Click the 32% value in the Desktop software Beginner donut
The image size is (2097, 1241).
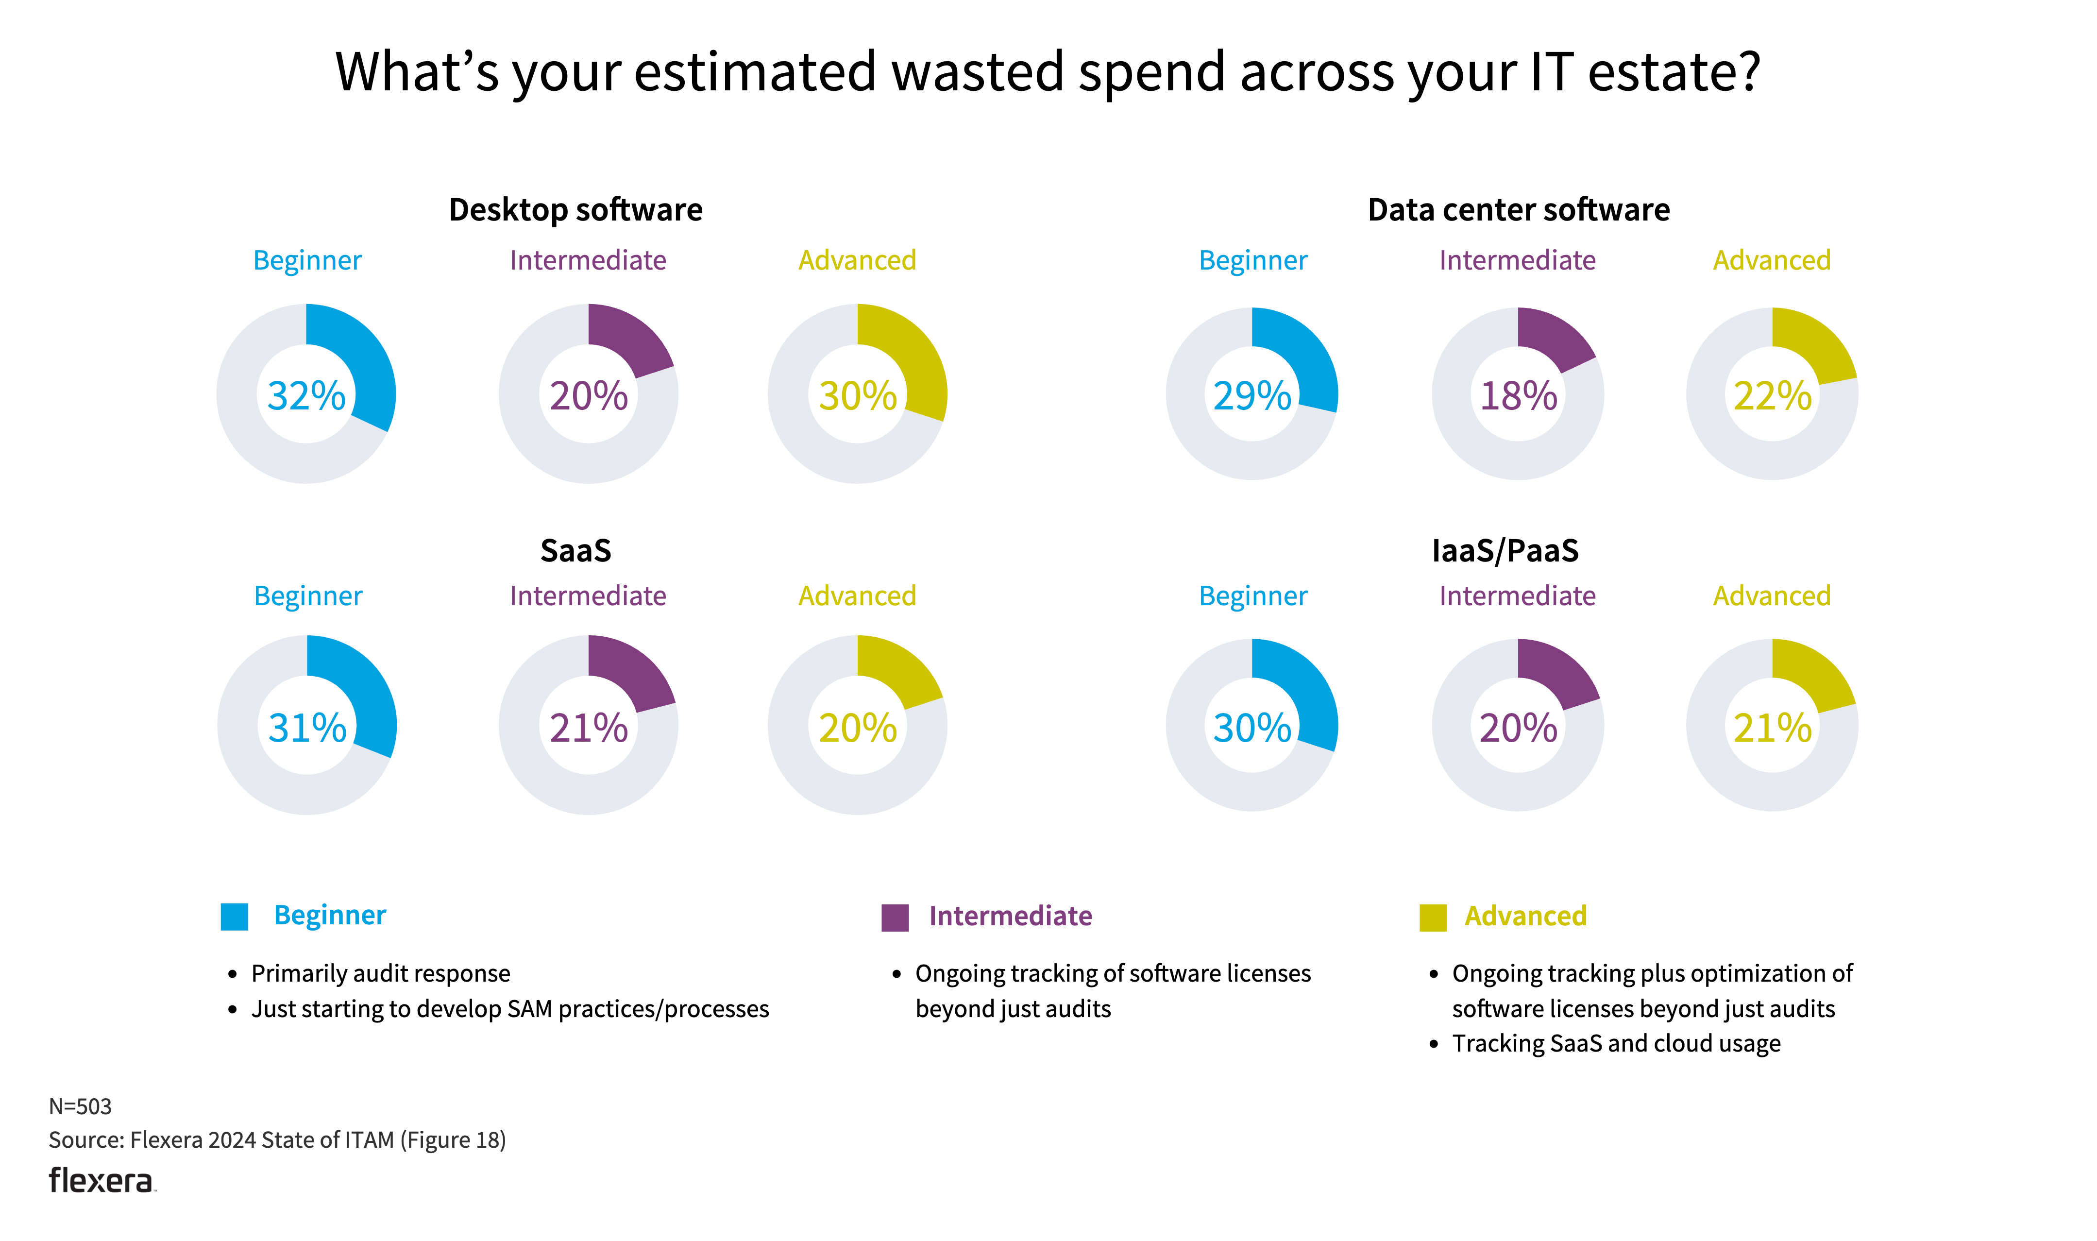pyautogui.click(x=306, y=395)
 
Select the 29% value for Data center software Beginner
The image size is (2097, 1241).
pyautogui.click(x=1251, y=395)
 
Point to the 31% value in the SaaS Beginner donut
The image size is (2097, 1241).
pyautogui.click(x=307, y=728)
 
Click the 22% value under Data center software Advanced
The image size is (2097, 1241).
pyautogui.click(x=1772, y=395)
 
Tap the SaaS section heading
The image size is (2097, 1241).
pyautogui.click(x=575, y=550)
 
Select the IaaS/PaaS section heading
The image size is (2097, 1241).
pyautogui.click(x=1505, y=550)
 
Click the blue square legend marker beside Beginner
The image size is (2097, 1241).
pyautogui.click(x=234, y=917)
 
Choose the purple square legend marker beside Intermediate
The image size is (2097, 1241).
pyautogui.click(x=895, y=918)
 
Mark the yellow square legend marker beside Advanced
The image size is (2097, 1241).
pyautogui.click(x=1432, y=918)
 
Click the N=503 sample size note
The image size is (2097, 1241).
pyautogui.click(x=80, y=1106)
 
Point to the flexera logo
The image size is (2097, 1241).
pyautogui.click(x=101, y=1181)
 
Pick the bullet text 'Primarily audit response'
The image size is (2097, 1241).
pyautogui.click(x=380, y=973)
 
